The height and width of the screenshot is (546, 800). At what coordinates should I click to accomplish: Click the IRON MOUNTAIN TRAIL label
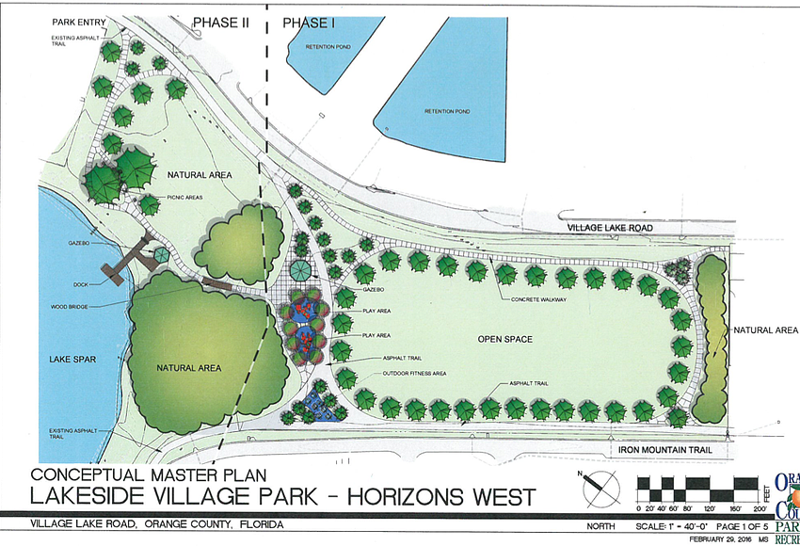point(661,451)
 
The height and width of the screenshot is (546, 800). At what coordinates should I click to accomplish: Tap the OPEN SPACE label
point(504,339)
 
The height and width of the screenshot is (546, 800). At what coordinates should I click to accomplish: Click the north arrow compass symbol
point(592,489)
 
